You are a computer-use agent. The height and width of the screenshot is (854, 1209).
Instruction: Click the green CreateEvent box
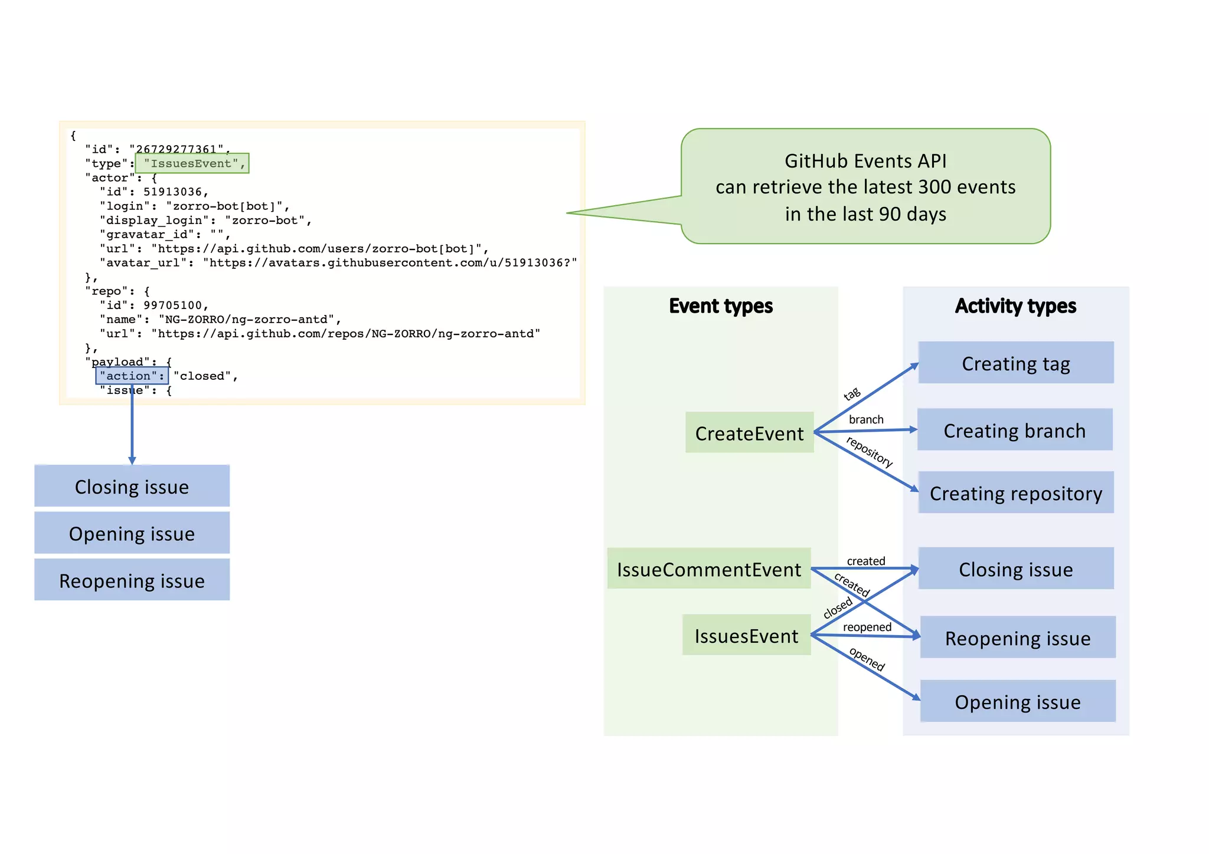749,433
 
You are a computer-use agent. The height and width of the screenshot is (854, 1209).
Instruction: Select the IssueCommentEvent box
708,569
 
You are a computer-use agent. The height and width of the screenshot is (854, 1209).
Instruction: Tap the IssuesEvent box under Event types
746,636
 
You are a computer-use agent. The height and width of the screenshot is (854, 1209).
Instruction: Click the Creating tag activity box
1015,363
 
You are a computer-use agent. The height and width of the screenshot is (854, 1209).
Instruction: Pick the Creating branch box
1014,431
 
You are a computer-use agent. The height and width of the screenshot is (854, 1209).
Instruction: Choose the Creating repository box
1015,493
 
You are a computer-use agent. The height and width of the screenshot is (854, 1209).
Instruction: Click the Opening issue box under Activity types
1017,702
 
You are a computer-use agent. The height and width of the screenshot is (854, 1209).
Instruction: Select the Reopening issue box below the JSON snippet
132,580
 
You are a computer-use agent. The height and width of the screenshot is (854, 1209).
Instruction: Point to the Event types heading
720,306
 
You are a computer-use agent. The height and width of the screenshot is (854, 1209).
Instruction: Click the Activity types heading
1015,306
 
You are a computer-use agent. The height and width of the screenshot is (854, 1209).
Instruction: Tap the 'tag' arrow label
852,394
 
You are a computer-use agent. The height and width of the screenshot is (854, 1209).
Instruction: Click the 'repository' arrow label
869,451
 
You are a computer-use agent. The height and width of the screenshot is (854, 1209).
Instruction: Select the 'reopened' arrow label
867,627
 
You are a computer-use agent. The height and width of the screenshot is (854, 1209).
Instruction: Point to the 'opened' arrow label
867,659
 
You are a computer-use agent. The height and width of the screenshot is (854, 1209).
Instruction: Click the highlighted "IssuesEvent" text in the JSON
191,163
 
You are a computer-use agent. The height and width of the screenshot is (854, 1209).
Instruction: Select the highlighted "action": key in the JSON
132,376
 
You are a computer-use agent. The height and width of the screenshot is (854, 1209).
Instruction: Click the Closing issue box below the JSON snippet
132,487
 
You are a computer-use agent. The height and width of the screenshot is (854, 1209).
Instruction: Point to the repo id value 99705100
173,305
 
